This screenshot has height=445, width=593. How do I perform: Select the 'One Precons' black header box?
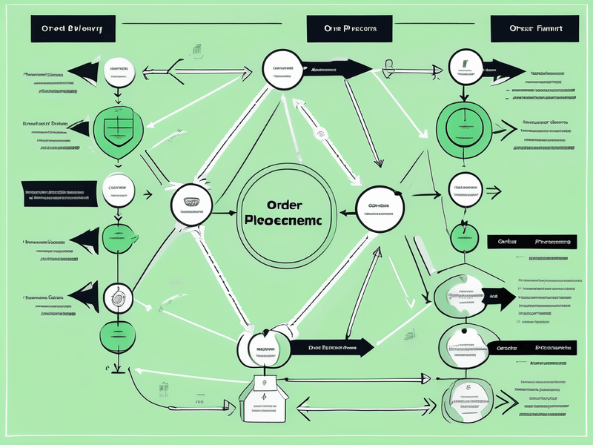(x=349, y=28)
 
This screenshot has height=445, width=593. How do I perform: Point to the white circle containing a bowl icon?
(x=191, y=204)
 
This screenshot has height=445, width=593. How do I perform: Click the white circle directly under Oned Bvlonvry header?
(x=119, y=72)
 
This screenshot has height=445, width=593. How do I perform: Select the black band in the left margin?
(x=59, y=194)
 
